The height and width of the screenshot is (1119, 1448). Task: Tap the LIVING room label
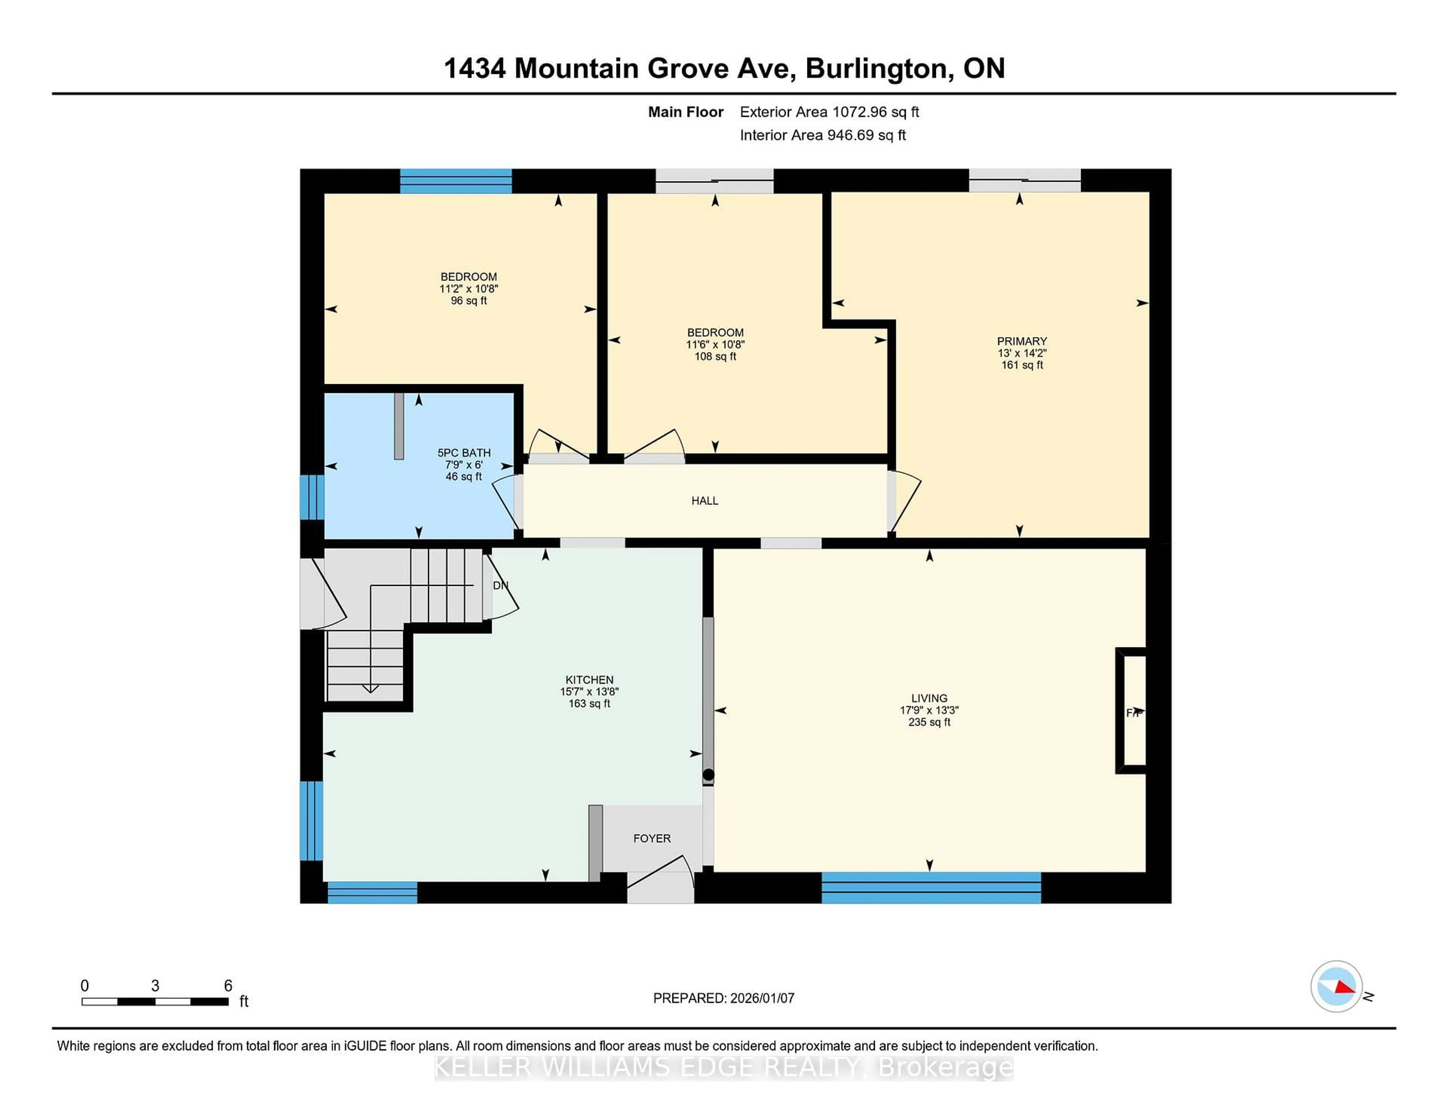[929, 698]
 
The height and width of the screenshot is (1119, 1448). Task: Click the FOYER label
[652, 838]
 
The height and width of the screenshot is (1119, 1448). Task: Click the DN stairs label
[500, 586]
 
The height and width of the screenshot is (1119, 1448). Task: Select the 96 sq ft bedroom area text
[469, 301]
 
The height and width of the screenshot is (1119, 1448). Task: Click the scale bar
[155, 1001]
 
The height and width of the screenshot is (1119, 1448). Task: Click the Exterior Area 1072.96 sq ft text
[829, 112]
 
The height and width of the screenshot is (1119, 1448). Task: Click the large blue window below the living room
[931, 888]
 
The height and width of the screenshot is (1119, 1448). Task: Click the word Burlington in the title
[876, 68]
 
